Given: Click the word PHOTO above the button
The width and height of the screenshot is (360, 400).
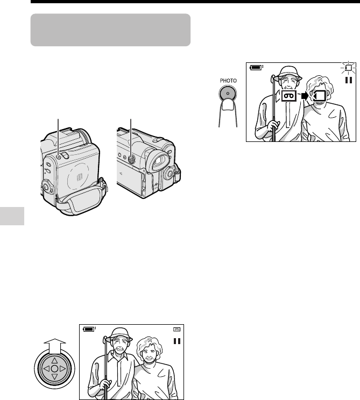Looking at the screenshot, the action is [228, 81].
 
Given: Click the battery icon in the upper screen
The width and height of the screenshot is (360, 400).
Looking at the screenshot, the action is [256, 67].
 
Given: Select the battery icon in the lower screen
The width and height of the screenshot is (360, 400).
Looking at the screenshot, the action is [89, 329].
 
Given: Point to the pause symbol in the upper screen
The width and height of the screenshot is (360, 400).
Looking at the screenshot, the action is [349, 80].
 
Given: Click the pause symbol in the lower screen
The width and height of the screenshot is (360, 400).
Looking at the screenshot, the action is [177, 341].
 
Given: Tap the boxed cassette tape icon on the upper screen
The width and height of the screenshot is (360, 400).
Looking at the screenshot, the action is [289, 96].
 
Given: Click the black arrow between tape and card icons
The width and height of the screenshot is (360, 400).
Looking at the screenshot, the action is [305, 96].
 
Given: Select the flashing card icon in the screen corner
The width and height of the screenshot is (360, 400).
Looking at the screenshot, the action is [348, 68].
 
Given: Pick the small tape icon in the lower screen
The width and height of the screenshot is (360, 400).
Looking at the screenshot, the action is [177, 330].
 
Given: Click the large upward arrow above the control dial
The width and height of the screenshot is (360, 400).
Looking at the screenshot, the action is [55, 346].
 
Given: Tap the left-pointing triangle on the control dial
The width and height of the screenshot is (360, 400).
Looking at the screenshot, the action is [46, 369].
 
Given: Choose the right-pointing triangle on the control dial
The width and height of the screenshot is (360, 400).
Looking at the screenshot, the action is [63, 369].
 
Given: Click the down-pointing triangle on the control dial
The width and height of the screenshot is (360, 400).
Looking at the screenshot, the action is [55, 376].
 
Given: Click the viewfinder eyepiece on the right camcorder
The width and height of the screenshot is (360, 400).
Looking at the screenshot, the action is [158, 161].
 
